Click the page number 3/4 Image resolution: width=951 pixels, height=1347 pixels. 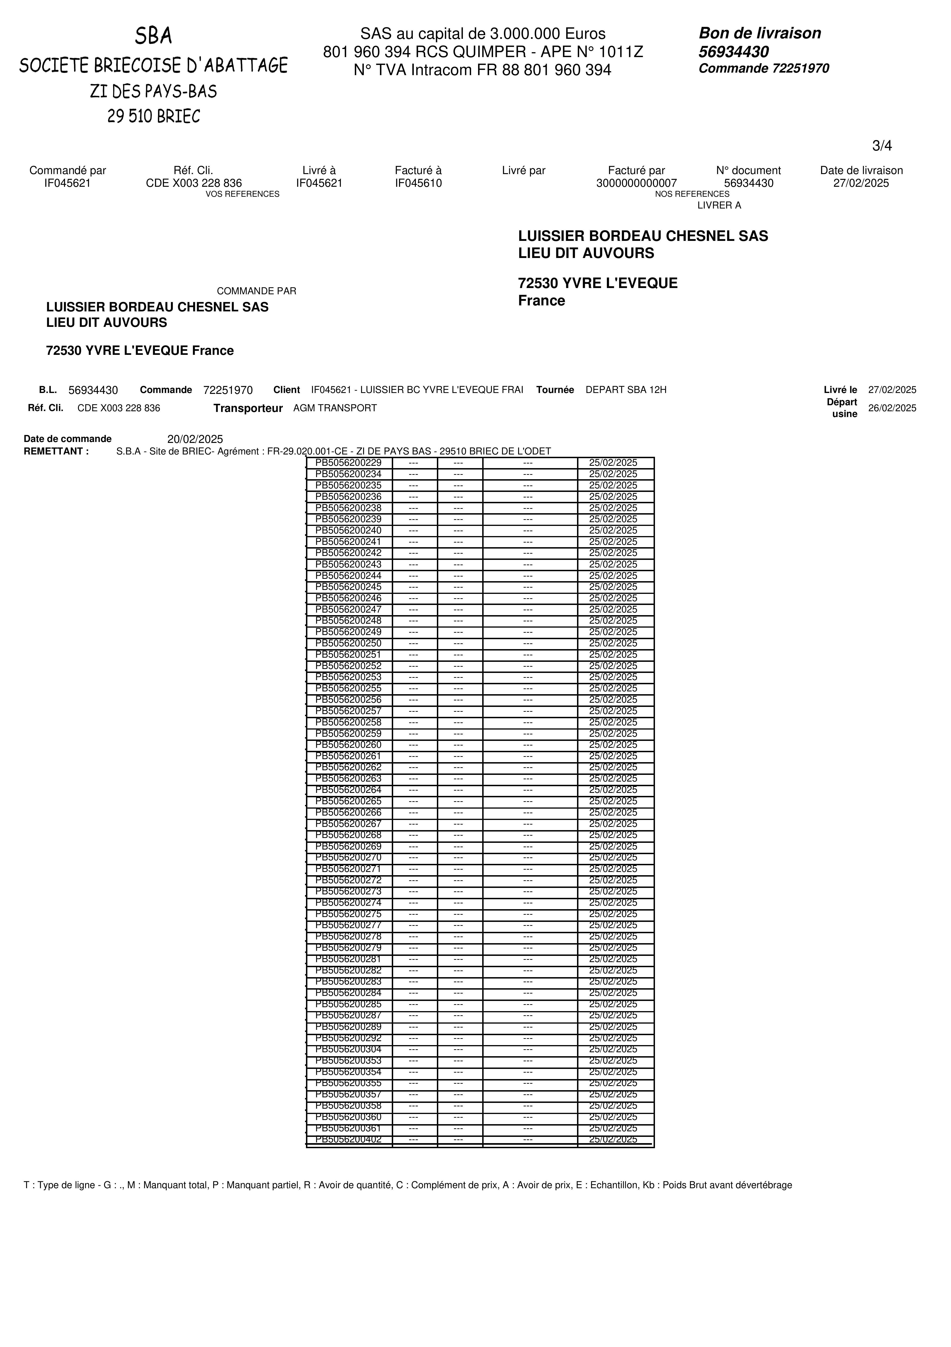(x=882, y=145)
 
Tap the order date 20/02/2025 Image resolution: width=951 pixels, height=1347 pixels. (x=195, y=439)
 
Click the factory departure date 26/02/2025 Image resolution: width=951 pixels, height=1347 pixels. (x=892, y=408)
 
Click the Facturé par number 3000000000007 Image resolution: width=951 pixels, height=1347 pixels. (x=636, y=183)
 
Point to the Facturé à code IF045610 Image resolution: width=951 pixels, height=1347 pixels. (x=418, y=183)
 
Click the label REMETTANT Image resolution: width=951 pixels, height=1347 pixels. (x=56, y=451)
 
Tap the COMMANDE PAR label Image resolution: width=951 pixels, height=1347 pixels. (x=256, y=291)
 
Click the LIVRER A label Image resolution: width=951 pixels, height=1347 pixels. (x=719, y=205)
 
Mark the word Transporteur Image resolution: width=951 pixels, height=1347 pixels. (x=248, y=408)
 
